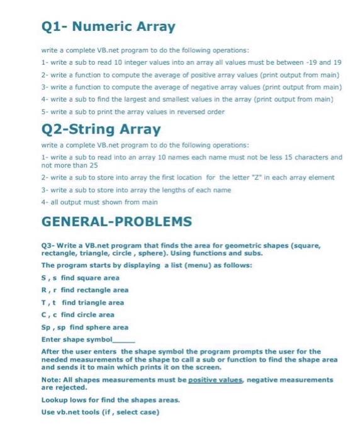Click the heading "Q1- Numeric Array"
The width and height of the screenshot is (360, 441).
pyautogui.click(x=108, y=27)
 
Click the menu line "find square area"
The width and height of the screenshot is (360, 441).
pyautogui.click(x=83, y=278)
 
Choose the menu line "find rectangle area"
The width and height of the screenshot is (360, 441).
pyautogui.click(x=87, y=290)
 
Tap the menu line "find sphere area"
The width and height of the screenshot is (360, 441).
pyautogui.click(x=89, y=327)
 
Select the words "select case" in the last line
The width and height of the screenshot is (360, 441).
pyautogui.click(x=142, y=411)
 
